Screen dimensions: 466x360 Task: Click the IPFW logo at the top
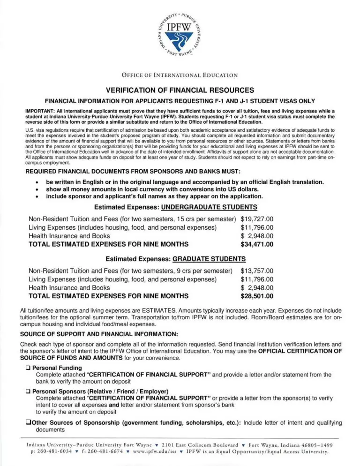180,38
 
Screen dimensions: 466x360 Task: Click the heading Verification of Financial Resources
180,90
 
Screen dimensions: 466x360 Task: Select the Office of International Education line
180,75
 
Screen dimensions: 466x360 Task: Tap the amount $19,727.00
257,218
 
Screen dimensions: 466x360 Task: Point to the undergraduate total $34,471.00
257,244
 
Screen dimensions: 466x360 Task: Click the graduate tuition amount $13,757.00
257,271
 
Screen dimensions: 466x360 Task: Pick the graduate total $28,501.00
257,296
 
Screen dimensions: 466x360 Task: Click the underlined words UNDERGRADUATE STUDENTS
212,207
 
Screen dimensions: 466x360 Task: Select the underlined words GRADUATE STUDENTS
209,259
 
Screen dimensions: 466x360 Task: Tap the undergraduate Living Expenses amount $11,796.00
257,227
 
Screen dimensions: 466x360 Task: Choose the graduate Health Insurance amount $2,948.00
257,287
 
